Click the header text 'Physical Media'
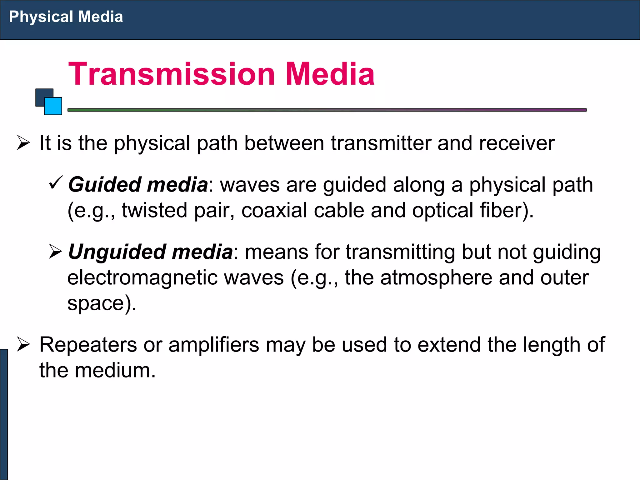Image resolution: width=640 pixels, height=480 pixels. point(66,17)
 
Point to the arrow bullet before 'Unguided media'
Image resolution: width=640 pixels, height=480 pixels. point(56,252)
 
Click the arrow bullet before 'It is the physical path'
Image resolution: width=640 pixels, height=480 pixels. point(23,143)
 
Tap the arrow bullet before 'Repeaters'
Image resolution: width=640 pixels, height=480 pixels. point(23,345)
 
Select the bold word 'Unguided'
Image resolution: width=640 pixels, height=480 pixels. point(117,252)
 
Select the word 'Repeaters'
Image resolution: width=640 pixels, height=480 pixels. point(88,345)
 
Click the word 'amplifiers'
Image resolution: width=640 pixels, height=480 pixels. point(214,345)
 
